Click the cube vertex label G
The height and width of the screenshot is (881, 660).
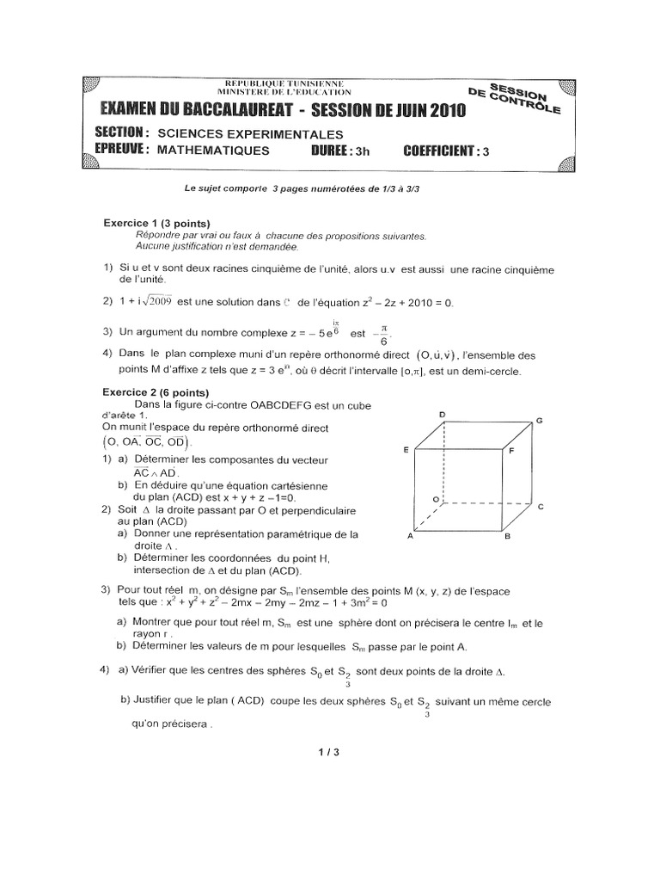click(539, 420)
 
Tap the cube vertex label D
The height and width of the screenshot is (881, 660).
click(443, 415)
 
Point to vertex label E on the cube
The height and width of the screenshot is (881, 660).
click(405, 450)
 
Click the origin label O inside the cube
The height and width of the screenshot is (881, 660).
click(436, 498)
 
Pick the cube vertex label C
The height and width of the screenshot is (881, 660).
click(541, 507)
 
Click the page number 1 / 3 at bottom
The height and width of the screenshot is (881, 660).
click(329, 752)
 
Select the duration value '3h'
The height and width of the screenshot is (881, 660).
click(363, 151)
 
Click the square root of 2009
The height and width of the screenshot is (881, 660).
click(156, 300)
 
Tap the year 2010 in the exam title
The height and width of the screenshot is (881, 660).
click(440, 109)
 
